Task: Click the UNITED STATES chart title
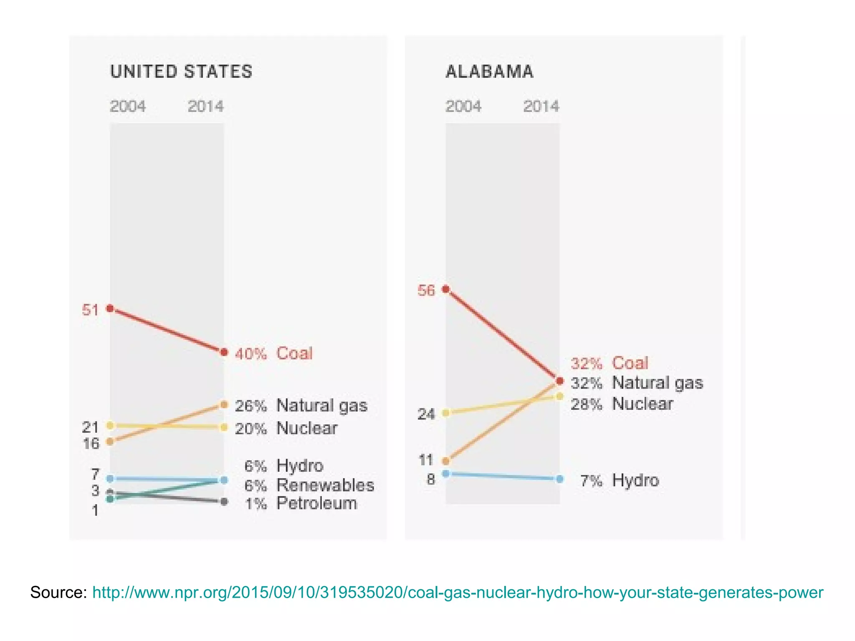click(181, 72)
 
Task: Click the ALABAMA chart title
click(489, 72)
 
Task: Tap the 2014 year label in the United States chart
click(205, 106)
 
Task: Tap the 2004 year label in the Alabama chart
click(463, 106)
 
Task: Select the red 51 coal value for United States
click(90, 310)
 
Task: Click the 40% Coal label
click(273, 353)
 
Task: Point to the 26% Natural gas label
click(301, 406)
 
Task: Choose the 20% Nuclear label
click(286, 428)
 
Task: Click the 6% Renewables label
click(309, 485)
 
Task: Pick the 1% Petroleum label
click(301, 503)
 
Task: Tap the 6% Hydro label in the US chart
click(284, 466)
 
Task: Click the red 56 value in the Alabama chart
click(426, 290)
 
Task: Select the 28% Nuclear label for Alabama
click(622, 404)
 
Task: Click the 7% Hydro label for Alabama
click(620, 481)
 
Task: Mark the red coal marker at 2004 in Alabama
click(445, 289)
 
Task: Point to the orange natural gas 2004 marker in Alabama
click(445, 461)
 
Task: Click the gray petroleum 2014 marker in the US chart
click(224, 501)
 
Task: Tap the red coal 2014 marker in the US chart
click(224, 353)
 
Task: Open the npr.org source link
click(458, 593)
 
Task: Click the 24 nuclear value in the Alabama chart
click(426, 414)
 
